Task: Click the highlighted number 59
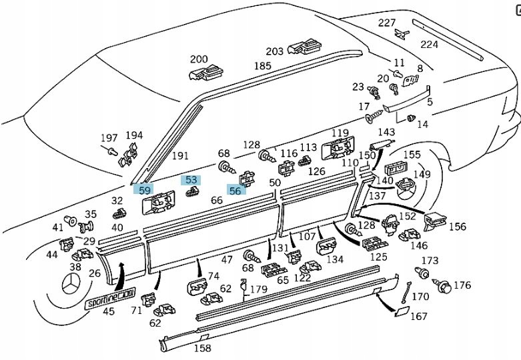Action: (x=144, y=189)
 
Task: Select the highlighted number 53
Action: (x=191, y=180)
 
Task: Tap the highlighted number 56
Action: (x=235, y=190)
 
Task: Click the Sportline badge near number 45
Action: (x=111, y=299)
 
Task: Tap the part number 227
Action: (x=387, y=23)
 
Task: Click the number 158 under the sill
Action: (x=201, y=348)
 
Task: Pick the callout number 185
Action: (x=263, y=66)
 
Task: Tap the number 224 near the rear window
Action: (x=429, y=45)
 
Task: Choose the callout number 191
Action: (x=180, y=156)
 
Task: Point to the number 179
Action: (x=258, y=289)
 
